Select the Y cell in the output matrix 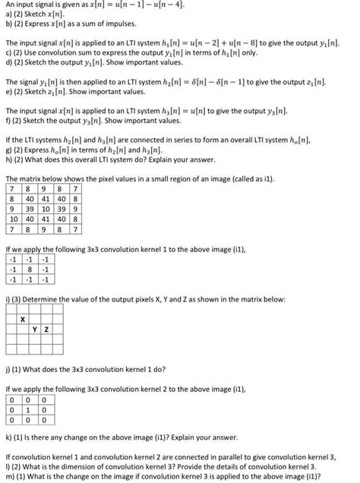36,329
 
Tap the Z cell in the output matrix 47,329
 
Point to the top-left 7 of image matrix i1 12,188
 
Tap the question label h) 8,166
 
